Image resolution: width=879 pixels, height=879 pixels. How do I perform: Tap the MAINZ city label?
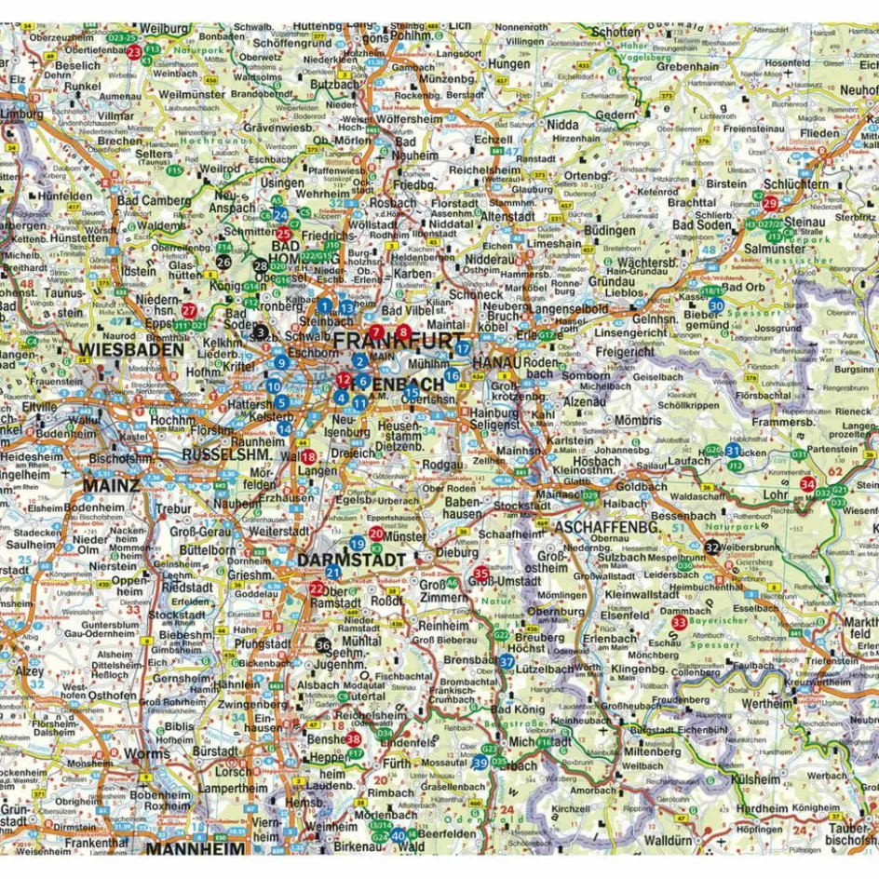pyautogui.click(x=111, y=485)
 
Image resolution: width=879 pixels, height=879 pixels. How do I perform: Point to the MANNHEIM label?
pyautogui.click(x=195, y=849)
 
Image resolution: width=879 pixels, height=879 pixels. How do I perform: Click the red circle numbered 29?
pyautogui.click(x=770, y=204)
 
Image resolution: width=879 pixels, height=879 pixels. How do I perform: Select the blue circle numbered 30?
pyautogui.click(x=716, y=304)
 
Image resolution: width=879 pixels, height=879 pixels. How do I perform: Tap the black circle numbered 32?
pyautogui.click(x=712, y=548)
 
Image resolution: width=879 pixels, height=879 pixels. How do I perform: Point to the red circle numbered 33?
pyautogui.click(x=680, y=622)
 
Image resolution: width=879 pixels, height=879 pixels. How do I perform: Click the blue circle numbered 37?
pyautogui.click(x=507, y=661)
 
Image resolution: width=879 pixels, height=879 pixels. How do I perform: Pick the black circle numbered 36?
pyautogui.click(x=323, y=645)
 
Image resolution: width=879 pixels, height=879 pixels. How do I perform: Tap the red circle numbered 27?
pyautogui.click(x=189, y=310)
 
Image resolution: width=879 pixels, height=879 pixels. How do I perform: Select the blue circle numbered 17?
pyautogui.click(x=463, y=348)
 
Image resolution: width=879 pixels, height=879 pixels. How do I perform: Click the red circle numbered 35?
pyautogui.click(x=481, y=574)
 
